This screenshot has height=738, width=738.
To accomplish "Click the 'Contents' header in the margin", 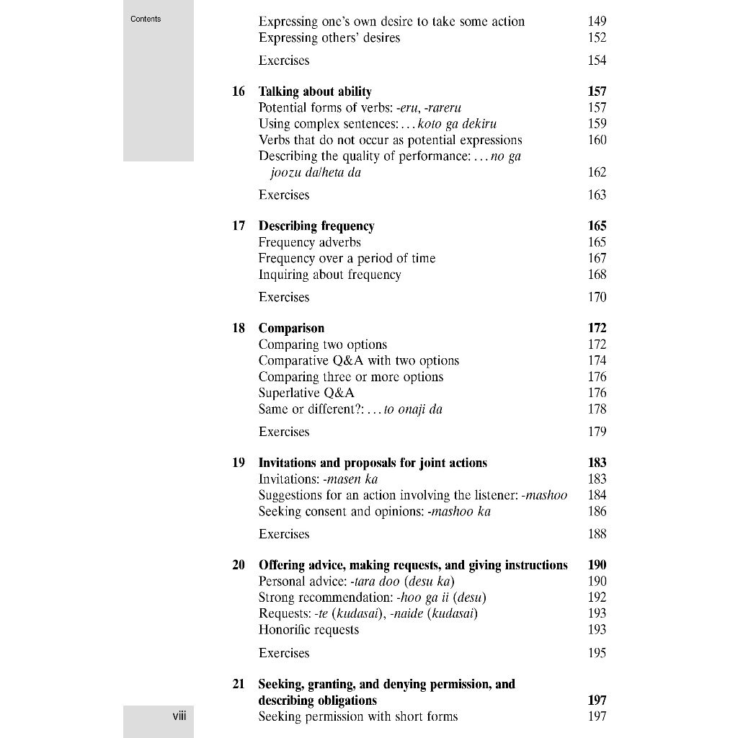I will click(146, 19).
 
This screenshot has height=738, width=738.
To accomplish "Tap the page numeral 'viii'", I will click(179, 716).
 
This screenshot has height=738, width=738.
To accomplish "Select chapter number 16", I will click(239, 92).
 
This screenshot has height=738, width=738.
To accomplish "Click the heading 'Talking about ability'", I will click(315, 92).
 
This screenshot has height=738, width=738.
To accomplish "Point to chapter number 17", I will click(239, 226).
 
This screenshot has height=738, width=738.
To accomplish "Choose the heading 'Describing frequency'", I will click(316, 226).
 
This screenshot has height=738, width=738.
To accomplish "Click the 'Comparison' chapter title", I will click(291, 329).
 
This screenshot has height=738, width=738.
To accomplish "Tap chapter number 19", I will click(239, 463).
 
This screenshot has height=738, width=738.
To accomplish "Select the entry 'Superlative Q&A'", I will click(306, 393).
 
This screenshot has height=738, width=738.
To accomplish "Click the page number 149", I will click(597, 22).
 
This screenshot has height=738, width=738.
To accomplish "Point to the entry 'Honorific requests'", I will click(308, 630).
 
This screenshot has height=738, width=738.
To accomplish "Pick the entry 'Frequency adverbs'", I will click(309, 242).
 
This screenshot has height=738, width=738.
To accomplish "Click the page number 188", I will click(597, 534).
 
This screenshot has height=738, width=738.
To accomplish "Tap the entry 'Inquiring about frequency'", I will click(329, 275).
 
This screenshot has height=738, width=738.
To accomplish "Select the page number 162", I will click(597, 172).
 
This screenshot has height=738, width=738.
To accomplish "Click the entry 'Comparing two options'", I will click(323, 344).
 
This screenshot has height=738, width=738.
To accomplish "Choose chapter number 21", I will click(239, 684).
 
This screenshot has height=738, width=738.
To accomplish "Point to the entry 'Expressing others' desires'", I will click(329, 37).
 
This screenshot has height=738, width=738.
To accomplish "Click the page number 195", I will click(597, 653).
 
